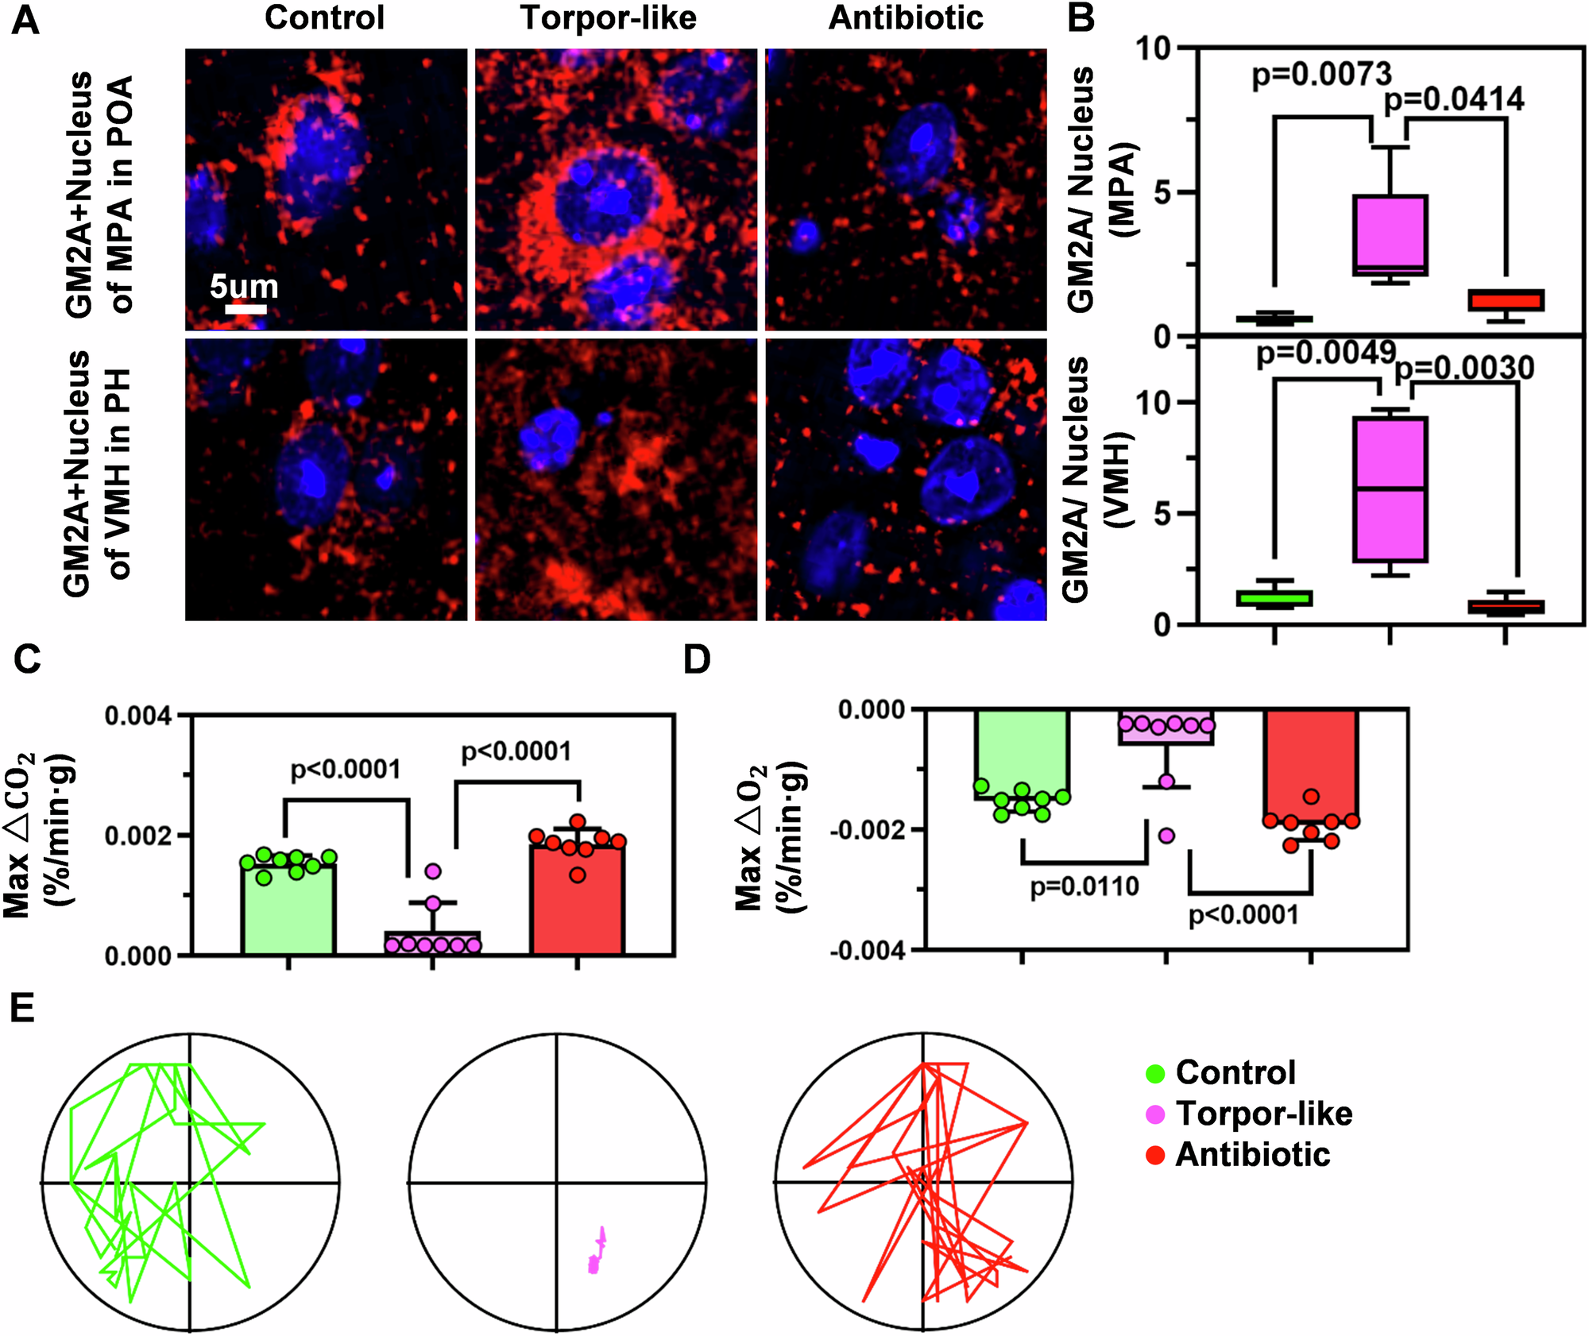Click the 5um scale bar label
(244, 286)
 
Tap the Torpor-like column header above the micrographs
(608, 17)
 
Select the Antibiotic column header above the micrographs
(906, 17)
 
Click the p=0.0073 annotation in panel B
(1321, 75)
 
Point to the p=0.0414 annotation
(1453, 99)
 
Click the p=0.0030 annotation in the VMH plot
(1464, 368)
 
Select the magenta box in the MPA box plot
(1390, 235)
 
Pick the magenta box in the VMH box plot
(1390, 488)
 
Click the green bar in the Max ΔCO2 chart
(288, 909)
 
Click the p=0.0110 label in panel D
(1084, 886)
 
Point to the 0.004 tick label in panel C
(137, 716)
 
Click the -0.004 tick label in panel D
(867, 950)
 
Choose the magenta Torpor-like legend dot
(1155, 1114)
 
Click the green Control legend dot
(1155, 1074)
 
